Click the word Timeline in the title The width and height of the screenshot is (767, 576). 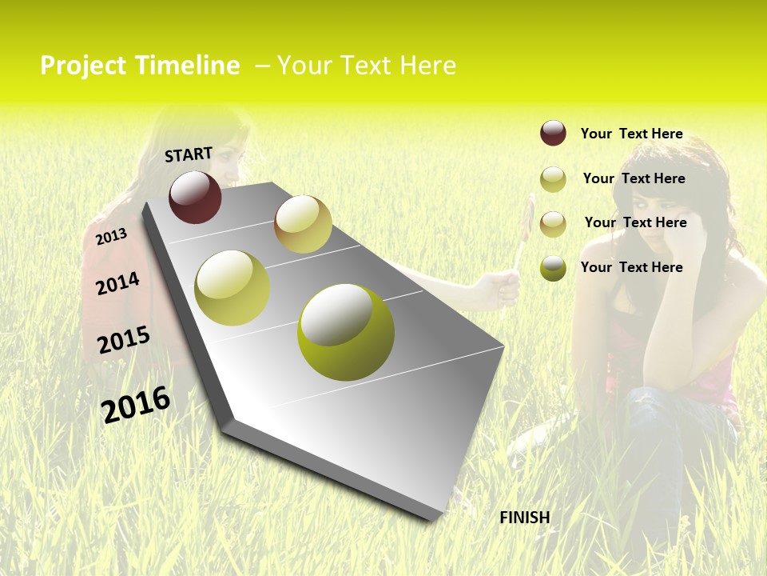[187, 66]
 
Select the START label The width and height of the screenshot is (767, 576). [189, 154]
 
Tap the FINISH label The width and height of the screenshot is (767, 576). [525, 518]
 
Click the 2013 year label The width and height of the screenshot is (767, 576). [111, 237]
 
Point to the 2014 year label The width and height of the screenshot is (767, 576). [117, 283]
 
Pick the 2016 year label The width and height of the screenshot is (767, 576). [136, 404]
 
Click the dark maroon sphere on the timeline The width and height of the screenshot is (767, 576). [195, 197]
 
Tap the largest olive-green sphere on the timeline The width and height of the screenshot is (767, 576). [345, 332]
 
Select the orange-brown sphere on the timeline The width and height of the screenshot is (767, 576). [303, 224]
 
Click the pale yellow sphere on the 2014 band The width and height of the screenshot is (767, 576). [232, 288]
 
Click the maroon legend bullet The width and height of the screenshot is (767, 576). [553, 133]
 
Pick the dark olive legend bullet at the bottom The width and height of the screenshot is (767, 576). [553, 268]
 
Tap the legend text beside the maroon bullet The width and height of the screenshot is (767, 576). [631, 134]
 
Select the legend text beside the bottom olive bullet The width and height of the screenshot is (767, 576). [631, 267]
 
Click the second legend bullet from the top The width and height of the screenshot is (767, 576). [553, 179]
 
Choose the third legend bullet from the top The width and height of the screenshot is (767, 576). [553, 224]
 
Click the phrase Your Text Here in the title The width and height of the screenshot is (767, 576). [367, 66]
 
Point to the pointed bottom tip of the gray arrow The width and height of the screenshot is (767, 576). [431, 518]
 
